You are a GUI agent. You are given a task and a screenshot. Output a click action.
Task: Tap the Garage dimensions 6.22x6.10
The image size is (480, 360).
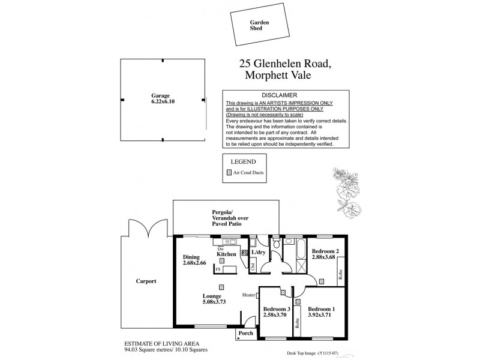point(161,103)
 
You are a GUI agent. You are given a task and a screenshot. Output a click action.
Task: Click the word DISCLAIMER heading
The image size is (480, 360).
point(286,96)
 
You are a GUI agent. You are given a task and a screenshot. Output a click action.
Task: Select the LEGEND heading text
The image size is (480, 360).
point(244,161)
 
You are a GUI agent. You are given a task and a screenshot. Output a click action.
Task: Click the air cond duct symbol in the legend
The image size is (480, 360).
point(229,172)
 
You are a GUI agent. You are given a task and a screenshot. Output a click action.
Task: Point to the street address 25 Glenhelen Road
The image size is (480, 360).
point(285,64)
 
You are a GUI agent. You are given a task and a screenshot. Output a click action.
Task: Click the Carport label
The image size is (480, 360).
point(146,281)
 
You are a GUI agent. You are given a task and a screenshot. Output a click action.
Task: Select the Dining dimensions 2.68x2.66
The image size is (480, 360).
point(195,262)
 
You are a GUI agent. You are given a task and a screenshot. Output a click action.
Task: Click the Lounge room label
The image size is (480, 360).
point(212,296)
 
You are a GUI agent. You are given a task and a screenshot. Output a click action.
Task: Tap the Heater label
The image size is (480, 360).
point(249,295)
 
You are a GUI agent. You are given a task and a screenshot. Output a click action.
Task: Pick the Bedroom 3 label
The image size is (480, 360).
point(276,309)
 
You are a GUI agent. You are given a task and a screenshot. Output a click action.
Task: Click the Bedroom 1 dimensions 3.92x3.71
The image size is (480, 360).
point(322,315)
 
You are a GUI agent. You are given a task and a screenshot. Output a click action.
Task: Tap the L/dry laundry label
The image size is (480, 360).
point(258,253)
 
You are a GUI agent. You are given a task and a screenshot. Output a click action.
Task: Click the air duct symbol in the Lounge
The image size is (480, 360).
point(221,286)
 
